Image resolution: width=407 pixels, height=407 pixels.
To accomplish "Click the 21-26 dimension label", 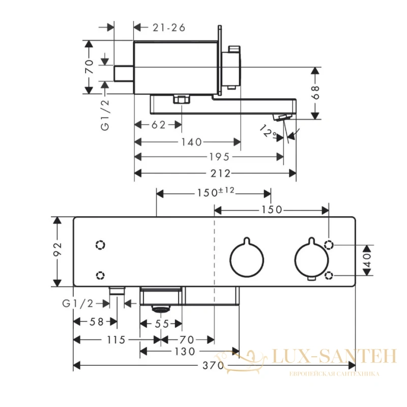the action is point(169,27).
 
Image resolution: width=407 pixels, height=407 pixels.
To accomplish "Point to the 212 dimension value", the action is point(220,173).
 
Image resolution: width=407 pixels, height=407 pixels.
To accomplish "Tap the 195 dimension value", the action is point(219,157).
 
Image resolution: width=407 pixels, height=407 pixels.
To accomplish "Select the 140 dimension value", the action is point(191,142).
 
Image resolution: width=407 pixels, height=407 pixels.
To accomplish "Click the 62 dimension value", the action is point(158,125).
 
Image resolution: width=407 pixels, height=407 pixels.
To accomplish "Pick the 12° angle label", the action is point(269,132).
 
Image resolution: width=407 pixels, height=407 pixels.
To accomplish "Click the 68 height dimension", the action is point(315,93).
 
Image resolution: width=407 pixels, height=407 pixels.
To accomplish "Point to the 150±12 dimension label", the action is point(215,192).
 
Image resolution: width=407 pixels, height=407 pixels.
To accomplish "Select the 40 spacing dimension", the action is point(367,260).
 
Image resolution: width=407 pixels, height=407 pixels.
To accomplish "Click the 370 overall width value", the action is point(213,366).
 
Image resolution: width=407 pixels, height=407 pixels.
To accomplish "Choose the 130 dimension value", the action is point(185,352).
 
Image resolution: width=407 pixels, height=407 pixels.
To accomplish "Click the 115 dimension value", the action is point(116,339).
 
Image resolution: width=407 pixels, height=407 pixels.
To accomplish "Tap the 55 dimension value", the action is point(162,324).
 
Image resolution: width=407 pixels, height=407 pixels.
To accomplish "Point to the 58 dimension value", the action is point(97,322).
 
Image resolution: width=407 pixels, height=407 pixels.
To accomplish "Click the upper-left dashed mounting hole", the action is point(100,245).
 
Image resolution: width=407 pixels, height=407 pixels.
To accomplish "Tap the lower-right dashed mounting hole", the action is point(329,275).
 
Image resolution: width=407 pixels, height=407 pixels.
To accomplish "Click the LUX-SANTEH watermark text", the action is point(334,356).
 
